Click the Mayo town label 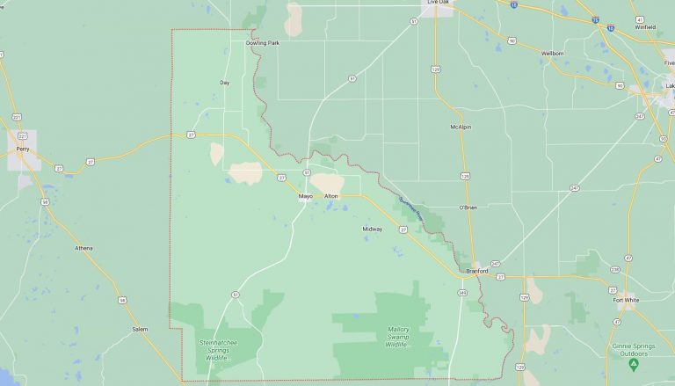coord(305,195)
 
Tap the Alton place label coord(330,195)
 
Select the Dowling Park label coord(262,42)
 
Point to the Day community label coord(224,83)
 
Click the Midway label coord(373,229)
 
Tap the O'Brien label coord(467,208)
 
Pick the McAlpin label coord(461,127)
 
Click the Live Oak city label coord(438,3)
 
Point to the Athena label coord(83,248)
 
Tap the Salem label coord(140,328)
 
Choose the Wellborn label coord(552,53)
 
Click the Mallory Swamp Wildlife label coord(397,337)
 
